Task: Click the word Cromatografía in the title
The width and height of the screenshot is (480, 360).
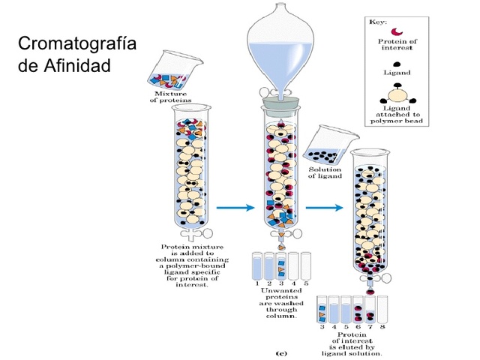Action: click(x=77, y=43)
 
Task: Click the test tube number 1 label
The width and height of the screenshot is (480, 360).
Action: click(x=256, y=283)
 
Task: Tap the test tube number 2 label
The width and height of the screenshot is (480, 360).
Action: click(x=268, y=283)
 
